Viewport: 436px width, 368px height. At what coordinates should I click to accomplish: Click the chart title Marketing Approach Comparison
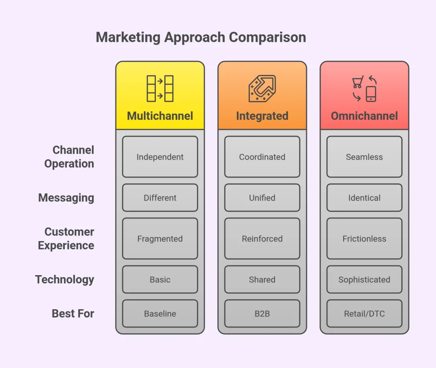201,37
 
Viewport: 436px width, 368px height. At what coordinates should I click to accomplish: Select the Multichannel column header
160,116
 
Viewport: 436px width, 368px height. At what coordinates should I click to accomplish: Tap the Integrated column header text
262,116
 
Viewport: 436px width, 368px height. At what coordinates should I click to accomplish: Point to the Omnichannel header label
364,116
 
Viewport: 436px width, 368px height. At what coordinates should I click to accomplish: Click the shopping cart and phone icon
364,89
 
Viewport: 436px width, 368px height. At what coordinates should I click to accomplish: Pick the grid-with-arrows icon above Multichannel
160,89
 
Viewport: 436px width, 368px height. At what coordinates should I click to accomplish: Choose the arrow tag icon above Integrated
262,89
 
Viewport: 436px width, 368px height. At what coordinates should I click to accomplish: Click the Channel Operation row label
69,157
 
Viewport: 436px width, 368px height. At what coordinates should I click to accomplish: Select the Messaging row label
66,198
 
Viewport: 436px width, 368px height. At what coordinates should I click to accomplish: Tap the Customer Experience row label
66,239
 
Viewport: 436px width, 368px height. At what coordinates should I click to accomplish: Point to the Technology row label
65,279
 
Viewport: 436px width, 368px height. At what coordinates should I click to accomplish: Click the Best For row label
73,313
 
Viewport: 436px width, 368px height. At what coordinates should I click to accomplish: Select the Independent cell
160,157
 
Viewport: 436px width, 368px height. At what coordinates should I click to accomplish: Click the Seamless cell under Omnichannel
364,157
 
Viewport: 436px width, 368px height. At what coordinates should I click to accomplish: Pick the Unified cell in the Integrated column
262,198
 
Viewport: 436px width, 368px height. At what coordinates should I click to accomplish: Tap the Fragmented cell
160,239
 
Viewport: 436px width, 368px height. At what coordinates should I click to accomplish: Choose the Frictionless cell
364,239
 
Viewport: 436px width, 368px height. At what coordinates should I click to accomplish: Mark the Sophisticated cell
364,279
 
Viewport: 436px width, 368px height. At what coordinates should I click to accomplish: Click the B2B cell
262,313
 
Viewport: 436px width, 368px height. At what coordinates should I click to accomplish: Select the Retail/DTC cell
364,313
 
